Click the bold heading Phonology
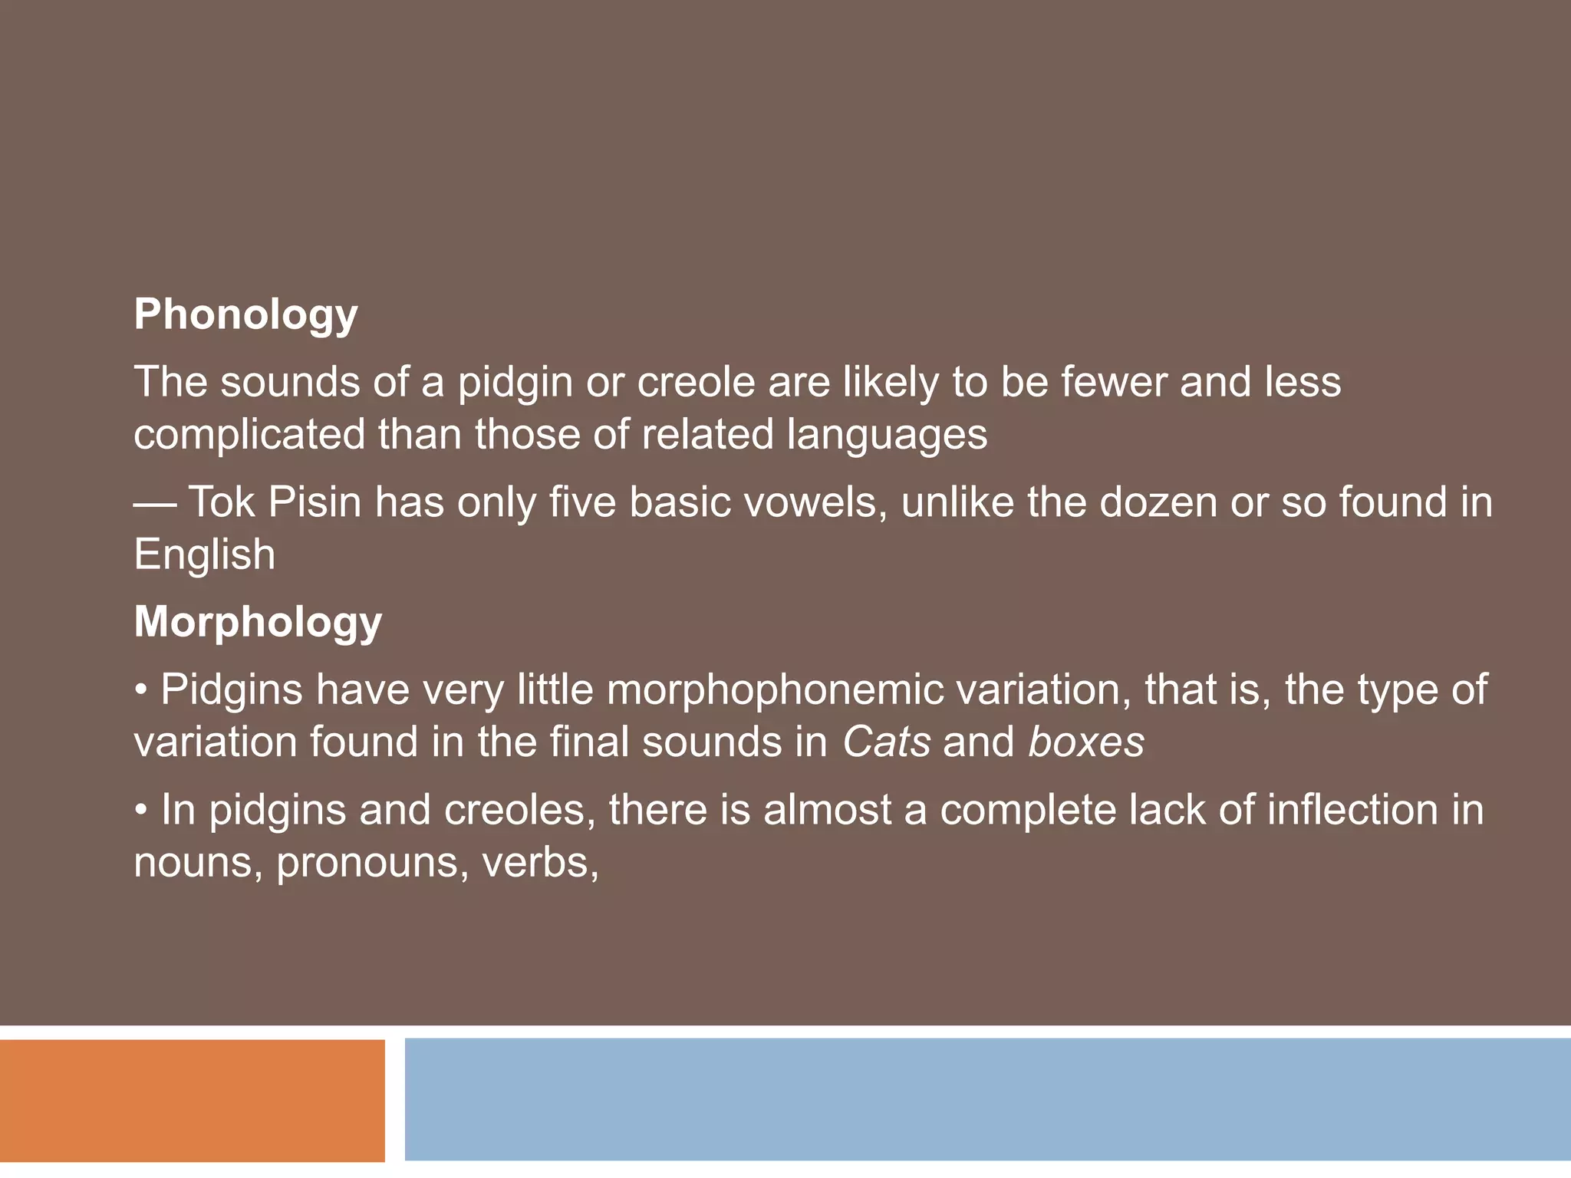245,315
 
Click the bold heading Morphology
258,622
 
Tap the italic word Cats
887,742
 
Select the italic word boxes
1086,742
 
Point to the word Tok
221,503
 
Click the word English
204,555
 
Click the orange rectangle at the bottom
192,1101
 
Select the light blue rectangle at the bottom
987,1099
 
